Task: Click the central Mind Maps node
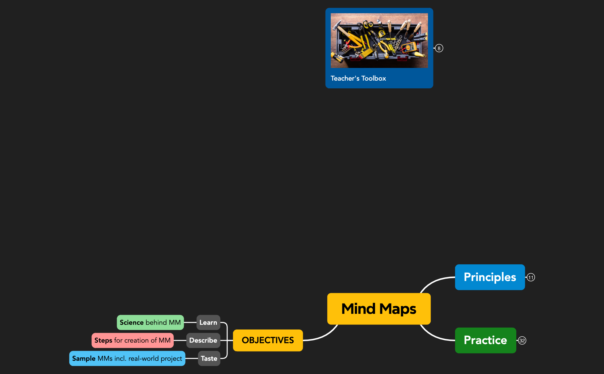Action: (x=379, y=309)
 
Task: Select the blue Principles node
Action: (x=490, y=277)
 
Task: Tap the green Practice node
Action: (x=485, y=340)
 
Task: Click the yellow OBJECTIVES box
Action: (x=267, y=340)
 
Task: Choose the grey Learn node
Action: (x=208, y=322)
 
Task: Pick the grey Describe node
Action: (x=203, y=340)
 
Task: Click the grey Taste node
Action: (x=209, y=358)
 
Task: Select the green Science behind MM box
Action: (x=150, y=322)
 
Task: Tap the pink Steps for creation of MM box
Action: (x=132, y=340)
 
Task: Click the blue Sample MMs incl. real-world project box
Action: (x=127, y=358)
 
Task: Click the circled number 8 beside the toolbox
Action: (x=439, y=48)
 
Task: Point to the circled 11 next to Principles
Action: (x=531, y=278)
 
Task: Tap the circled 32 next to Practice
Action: (x=522, y=341)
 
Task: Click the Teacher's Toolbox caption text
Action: (x=358, y=78)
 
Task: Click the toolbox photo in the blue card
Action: (x=379, y=40)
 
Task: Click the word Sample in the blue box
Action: (x=84, y=358)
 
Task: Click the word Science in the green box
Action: (x=131, y=322)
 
